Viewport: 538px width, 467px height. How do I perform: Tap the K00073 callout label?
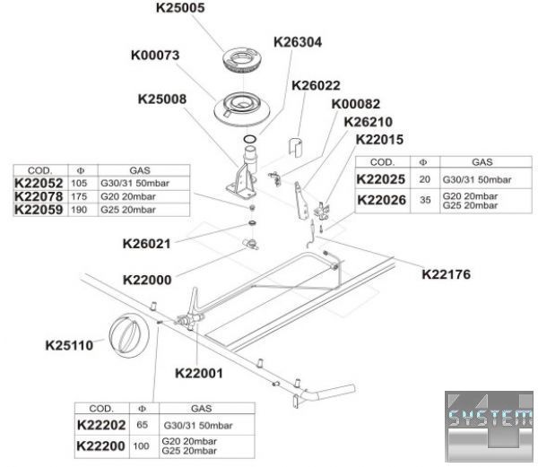click(x=155, y=56)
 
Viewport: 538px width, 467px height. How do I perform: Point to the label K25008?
click(x=162, y=99)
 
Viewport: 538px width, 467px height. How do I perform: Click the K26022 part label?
click(x=316, y=86)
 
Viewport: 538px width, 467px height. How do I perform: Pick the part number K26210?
click(x=369, y=122)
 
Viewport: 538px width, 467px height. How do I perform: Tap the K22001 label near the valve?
click(x=198, y=372)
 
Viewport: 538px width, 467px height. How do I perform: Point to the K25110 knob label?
click(x=69, y=343)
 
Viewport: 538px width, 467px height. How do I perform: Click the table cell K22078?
click(x=39, y=196)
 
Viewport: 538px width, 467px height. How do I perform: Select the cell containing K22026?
click(x=381, y=200)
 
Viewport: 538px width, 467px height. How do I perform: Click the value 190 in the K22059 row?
click(x=78, y=210)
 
